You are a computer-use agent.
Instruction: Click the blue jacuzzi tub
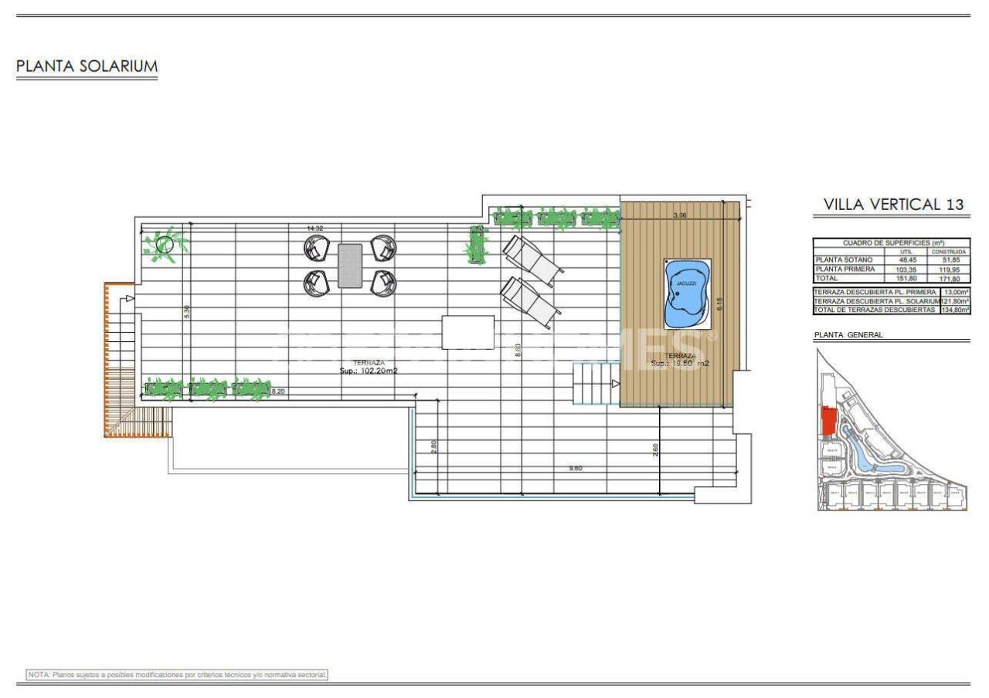(686, 294)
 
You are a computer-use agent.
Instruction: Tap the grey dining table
(349, 266)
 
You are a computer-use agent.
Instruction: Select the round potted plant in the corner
(165, 246)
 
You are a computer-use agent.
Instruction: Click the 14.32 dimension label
(314, 229)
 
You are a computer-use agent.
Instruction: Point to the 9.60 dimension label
(575, 468)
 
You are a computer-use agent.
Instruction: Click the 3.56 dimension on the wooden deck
(680, 215)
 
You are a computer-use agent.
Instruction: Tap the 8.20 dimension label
(278, 391)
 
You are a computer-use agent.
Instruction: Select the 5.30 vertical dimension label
(187, 312)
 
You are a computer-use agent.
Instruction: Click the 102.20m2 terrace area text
(369, 371)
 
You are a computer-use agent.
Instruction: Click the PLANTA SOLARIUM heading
(87, 67)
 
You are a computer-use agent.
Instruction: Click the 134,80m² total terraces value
(955, 310)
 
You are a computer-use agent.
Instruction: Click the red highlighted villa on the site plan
(828, 421)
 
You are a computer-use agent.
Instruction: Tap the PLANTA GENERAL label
(848, 335)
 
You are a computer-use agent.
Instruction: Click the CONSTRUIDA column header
(950, 252)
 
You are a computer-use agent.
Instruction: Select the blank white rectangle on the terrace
(467, 332)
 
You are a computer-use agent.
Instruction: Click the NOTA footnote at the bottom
(178, 675)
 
